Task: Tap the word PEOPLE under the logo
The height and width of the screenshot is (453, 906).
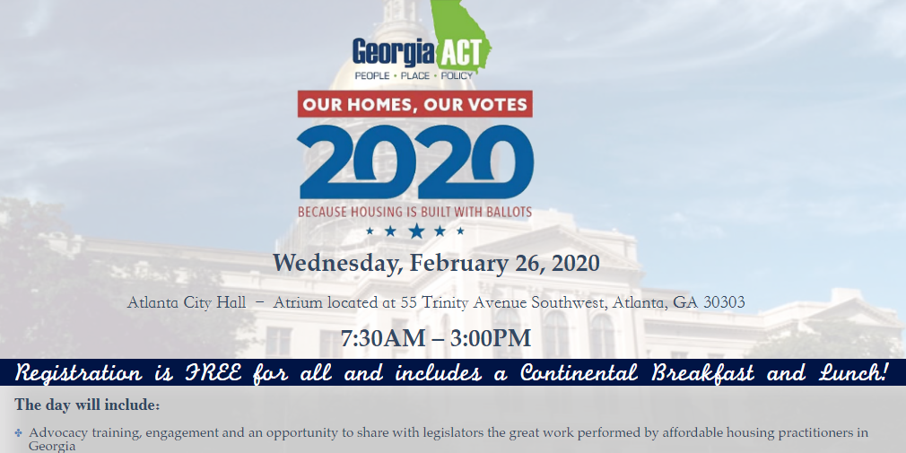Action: click(372, 76)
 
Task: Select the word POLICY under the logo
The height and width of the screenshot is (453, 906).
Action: click(456, 76)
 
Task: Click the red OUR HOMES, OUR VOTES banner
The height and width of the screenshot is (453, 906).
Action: click(414, 104)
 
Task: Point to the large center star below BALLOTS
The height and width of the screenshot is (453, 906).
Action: click(415, 231)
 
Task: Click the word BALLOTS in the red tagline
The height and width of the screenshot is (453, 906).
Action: click(502, 213)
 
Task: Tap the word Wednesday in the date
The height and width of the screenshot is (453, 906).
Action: click(335, 264)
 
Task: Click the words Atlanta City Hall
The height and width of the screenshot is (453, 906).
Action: click(187, 302)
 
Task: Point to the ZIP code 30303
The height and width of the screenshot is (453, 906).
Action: click(723, 302)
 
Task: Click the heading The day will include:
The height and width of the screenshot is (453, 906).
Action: click(87, 405)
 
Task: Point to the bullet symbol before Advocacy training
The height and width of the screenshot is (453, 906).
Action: click(19, 433)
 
